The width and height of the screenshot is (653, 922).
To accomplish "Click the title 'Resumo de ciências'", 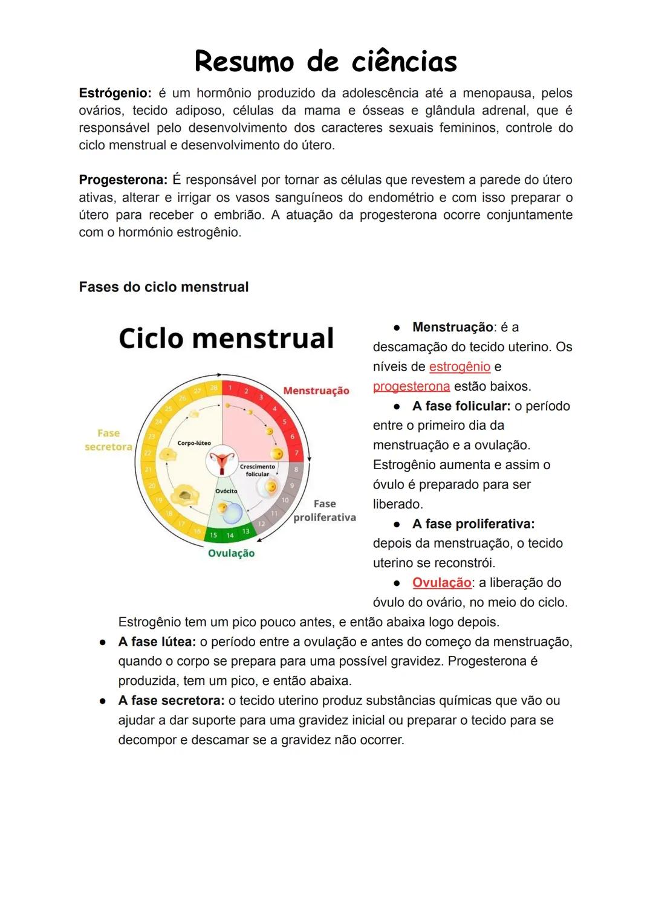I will [x=325, y=62].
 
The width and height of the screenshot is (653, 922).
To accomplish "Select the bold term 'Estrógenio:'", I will [x=115, y=93].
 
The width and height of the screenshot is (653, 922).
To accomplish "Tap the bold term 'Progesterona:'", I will [x=123, y=180].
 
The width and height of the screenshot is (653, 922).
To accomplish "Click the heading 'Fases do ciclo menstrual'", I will [x=163, y=287].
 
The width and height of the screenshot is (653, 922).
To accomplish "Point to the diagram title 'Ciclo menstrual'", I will [x=226, y=338].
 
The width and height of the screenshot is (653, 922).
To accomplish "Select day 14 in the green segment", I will [x=230, y=535].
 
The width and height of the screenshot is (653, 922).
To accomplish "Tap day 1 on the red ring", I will [x=230, y=388].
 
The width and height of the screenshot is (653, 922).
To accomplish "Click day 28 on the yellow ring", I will [x=213, y=388].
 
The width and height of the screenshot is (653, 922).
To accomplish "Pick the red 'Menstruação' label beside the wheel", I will [x=316, y=391].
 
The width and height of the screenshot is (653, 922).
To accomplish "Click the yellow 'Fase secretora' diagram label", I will [x=108, y=440].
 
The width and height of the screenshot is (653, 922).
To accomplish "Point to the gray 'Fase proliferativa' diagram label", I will [x=325, y=511].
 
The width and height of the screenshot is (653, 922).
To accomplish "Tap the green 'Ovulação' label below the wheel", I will [x=231, y=553].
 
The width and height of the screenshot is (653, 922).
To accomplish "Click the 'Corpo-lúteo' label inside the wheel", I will [x=194, y=443].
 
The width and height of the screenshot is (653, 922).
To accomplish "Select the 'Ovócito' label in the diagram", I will [x=226, y=491].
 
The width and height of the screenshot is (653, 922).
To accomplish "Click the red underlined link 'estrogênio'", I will [x=460, y=367].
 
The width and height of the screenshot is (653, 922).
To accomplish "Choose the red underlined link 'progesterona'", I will [x=411, y=386].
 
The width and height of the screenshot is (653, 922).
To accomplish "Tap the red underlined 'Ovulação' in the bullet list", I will [x=441, y=583].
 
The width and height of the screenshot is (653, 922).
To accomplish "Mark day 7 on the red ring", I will [x=296, y=453].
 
